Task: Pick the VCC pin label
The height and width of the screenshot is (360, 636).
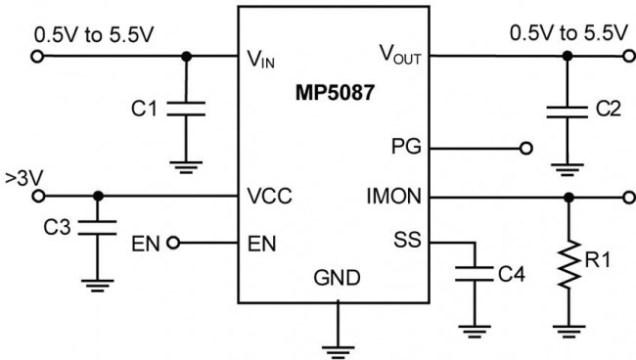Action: (x=270, y=197)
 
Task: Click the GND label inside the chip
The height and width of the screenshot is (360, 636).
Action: (x=336, y=279)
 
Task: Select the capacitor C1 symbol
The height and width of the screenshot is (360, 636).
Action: (x=186, y=109)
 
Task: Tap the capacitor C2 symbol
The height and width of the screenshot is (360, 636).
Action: (x=566, y=109)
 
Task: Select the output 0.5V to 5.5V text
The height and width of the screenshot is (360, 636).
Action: (x=568, y=33)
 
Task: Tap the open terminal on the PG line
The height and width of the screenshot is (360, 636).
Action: (x=526, y=149)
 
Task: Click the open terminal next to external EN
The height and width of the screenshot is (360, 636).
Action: (x=175, y=242)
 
